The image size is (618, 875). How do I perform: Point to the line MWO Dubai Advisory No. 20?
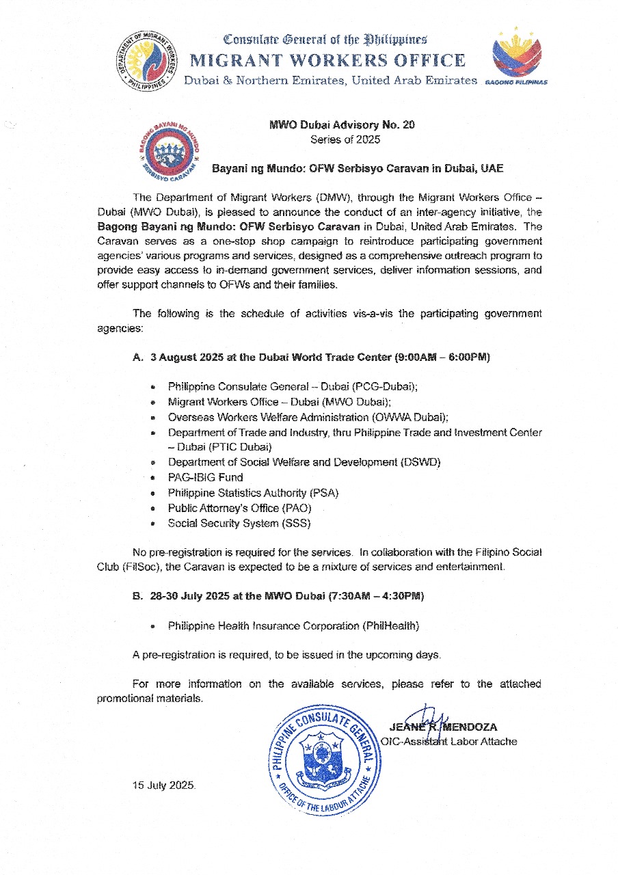point(341,125)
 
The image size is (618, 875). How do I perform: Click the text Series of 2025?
point(341,139)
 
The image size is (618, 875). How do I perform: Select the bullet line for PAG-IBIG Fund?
point(205,477)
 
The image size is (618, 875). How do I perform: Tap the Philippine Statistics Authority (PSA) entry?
point(253,493)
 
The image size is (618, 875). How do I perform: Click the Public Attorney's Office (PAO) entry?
point(243,508)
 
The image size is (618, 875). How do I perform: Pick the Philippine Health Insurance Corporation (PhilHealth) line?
point(293,625)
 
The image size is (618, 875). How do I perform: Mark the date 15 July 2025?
point(164,785)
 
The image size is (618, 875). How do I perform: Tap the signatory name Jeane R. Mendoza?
point(443,727)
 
